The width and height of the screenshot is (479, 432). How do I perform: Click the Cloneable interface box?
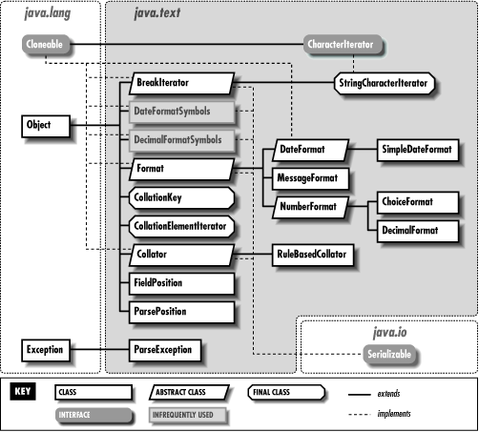(x=45, y=45)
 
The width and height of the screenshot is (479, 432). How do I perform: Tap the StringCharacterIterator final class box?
(x=385, y=84)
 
